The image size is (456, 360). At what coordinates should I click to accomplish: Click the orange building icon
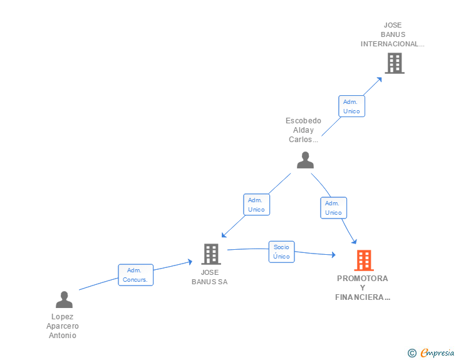click(364, 260)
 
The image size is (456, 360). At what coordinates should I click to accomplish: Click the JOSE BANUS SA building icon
click(211, 254)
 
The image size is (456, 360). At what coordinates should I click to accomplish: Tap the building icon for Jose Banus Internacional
click(395, 63)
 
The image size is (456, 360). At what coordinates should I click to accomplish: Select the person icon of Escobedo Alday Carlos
click(305, 160)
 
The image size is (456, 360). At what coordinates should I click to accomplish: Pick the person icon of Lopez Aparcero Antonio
click(64, 299)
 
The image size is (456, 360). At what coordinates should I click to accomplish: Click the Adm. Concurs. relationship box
click(135, 275)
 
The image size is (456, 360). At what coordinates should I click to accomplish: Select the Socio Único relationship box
click(281, 252)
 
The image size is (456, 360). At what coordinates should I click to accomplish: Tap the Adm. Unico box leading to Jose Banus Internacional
click(351, 106)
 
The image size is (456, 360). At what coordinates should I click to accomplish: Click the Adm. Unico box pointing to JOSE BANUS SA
click(257, 205)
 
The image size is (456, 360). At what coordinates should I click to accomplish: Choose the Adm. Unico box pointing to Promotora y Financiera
click(334, 208)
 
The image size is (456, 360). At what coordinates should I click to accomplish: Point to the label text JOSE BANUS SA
click(210, 277)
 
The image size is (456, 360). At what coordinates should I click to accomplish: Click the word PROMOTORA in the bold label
click(362, 278)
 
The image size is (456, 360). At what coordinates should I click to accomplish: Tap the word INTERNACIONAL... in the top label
click(393, 44)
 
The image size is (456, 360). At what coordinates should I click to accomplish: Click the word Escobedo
click(303, 121)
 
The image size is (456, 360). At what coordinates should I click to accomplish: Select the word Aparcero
click(63, 326)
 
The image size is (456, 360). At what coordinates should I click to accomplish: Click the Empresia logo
click(431, 352)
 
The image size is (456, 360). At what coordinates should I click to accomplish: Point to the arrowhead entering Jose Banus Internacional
click(379, 80)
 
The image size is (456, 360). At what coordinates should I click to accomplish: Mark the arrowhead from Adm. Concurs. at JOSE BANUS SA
click(190, 262)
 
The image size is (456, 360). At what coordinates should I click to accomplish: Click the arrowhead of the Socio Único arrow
click(333, 255)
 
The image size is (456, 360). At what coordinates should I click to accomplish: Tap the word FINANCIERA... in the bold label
click(363, 297)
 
